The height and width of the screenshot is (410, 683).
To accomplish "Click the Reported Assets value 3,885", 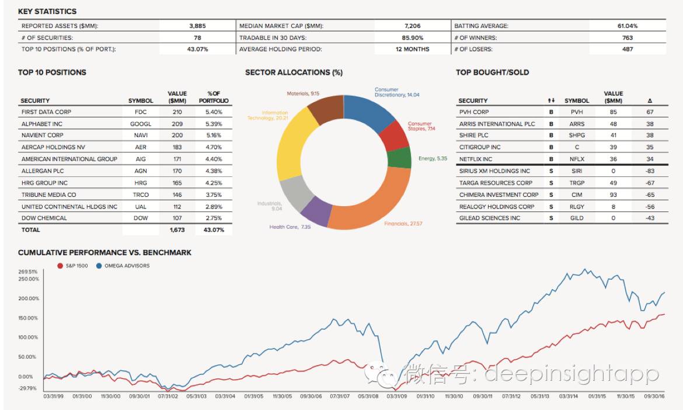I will [x=197, y=26].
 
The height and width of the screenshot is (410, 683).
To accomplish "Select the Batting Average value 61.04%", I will [x=628, y=26].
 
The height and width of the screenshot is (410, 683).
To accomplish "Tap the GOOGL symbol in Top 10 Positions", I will [x=141, y=124].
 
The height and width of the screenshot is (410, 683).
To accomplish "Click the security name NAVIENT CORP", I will [x=41, y=135].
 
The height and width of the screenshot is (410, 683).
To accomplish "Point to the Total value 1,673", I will [x=177, y=230].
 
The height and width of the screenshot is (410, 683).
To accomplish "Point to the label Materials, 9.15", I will [x=303, y=93].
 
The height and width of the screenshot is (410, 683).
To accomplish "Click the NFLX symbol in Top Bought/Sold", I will [x=576, y=159].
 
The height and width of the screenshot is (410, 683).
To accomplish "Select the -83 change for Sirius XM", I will [x=650, y=171].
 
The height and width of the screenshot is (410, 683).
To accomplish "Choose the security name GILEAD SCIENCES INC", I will [x=489, y=218].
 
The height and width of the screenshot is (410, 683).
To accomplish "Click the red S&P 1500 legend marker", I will [x=60, y=266].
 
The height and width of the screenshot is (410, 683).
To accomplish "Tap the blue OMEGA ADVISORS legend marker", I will [x=99, y=266].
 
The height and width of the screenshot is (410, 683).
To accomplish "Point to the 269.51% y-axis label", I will [x=28, y=272].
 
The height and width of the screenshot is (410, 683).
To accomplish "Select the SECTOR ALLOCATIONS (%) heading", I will [x=294, y=72].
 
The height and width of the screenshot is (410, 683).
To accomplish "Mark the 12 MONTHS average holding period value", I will [x=412, y=49].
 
